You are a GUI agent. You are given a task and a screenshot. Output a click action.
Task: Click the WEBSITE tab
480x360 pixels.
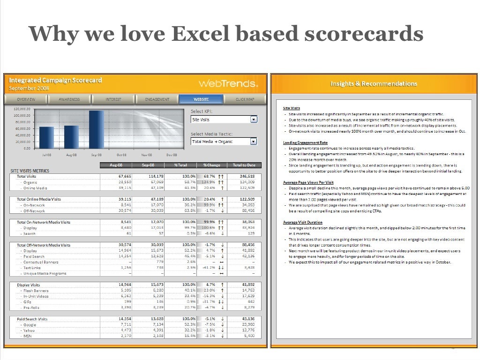pos(201,99)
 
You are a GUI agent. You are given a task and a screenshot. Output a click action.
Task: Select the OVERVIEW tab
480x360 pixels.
pos(26,99)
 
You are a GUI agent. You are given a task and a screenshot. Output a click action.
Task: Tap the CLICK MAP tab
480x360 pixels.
pos(245,99)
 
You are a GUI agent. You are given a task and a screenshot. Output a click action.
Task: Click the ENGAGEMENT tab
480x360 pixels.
pos(157,99)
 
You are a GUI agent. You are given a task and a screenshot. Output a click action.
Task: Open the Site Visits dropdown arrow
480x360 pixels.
pos(254,120)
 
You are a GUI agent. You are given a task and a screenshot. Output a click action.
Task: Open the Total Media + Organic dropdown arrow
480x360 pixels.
pos(254,141)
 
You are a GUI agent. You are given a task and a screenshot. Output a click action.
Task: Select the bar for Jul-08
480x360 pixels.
pos(46,137)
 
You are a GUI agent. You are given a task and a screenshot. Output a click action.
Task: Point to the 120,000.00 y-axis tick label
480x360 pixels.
pos(21,109)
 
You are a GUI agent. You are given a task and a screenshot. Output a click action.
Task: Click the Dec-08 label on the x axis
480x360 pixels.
pos(172,155)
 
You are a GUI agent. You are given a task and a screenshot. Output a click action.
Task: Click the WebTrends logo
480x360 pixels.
pos(228,84)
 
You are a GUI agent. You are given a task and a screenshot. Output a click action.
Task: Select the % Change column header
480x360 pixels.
pos(211,165)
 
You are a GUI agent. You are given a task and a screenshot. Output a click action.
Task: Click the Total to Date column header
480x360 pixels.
pos(244,165)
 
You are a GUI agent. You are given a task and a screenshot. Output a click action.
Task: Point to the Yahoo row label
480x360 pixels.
pos(30,330)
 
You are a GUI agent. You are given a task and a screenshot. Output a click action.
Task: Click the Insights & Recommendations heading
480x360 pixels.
pos(374,84)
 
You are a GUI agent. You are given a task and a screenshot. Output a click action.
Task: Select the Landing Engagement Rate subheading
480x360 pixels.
pos(305,142)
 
